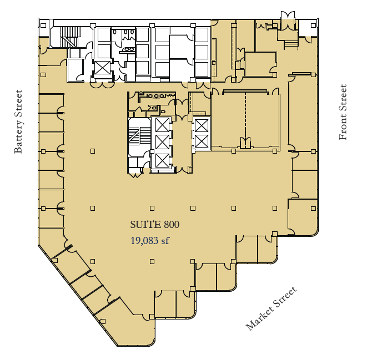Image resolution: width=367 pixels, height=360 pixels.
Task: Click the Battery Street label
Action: [18, 121]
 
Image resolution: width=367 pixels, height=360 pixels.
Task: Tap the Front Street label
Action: [343, 112]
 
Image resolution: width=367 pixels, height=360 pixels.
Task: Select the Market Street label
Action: [272, 308]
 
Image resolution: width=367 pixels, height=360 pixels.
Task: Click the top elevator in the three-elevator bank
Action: [162, 125]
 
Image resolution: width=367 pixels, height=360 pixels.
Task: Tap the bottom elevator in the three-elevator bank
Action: [162, 161]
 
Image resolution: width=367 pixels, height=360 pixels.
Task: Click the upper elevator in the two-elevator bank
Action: [200, 125]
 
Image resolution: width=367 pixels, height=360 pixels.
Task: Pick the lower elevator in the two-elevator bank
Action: [200, 141]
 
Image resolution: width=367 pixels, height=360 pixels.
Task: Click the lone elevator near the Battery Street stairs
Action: [102, 68]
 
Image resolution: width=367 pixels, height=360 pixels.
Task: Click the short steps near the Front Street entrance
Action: [290, 44]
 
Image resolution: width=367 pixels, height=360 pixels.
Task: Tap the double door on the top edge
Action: [288, 18]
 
